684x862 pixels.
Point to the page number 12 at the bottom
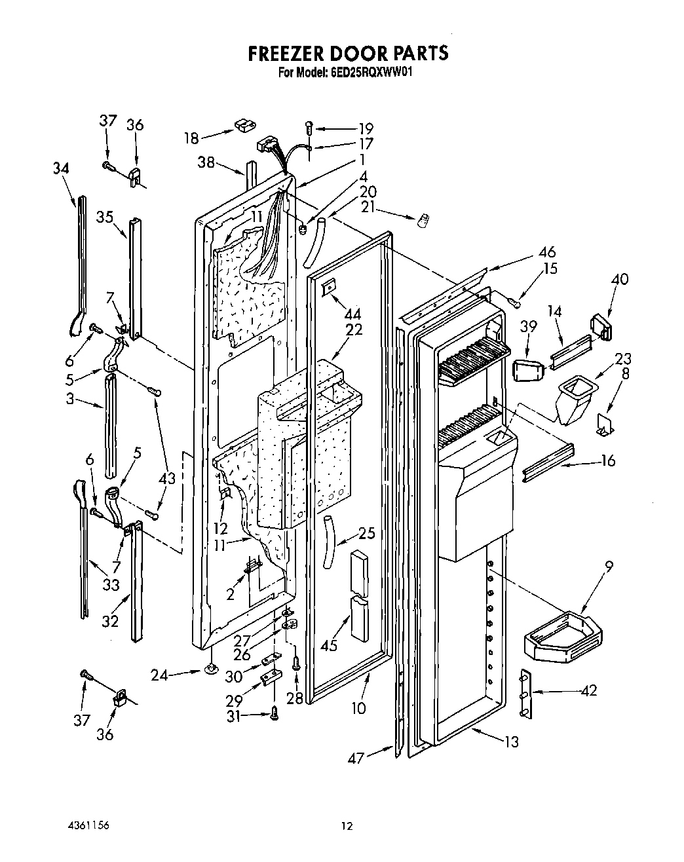347,827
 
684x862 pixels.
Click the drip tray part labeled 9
563,635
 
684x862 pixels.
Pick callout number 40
619,279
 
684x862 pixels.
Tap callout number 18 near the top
191,138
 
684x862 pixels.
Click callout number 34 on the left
61,168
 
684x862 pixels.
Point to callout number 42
589,690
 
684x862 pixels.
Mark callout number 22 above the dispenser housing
354,329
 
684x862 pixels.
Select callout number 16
608,460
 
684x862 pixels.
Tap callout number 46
547,252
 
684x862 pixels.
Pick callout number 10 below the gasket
358,707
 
